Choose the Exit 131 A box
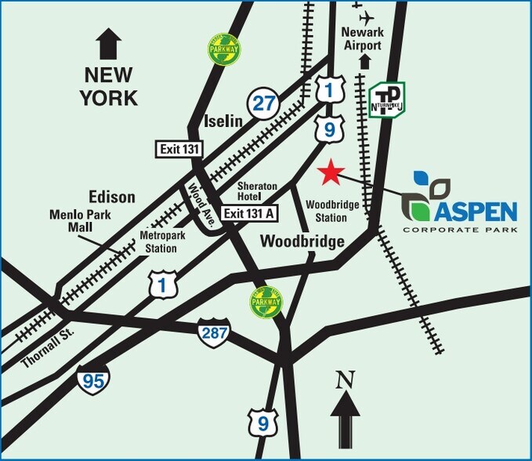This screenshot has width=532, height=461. (247, 212)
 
